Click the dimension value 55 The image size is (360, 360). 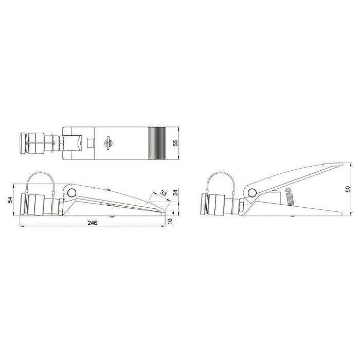point(175,143)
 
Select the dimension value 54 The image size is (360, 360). point(10,200)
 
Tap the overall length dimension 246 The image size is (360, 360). point(93,223)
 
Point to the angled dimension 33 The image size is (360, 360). point(163,193)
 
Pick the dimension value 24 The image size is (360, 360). point(175,192)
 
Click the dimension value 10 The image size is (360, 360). point(170,221)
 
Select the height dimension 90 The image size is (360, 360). point(348,189)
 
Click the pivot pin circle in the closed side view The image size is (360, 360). point(71,192)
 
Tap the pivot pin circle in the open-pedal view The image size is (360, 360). point(252,192)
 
